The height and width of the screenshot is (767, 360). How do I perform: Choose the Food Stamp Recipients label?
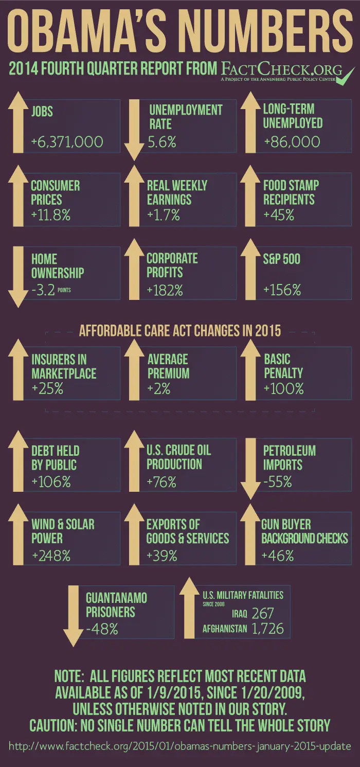tap(291, 192)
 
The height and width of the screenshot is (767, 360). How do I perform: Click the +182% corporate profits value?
tap(165, 290)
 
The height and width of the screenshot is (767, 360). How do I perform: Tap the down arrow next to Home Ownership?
tap(18, 276)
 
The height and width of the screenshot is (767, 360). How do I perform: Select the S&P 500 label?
tap(281, 259)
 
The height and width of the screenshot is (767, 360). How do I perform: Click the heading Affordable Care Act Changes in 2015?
tap(180, 330)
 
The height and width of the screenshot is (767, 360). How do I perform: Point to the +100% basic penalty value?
tap(283, 389)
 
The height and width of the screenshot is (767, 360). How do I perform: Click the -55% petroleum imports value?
tap(278, 482)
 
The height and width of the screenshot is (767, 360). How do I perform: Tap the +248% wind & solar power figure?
tap(51, 556)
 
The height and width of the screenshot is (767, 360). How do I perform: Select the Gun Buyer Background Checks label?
tap(304, 531)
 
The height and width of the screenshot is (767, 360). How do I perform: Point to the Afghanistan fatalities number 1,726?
tap(267, 629)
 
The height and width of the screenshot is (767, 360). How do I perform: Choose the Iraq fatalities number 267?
tap(263, 613)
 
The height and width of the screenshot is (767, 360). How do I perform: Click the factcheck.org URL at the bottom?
tap(180, 745)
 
